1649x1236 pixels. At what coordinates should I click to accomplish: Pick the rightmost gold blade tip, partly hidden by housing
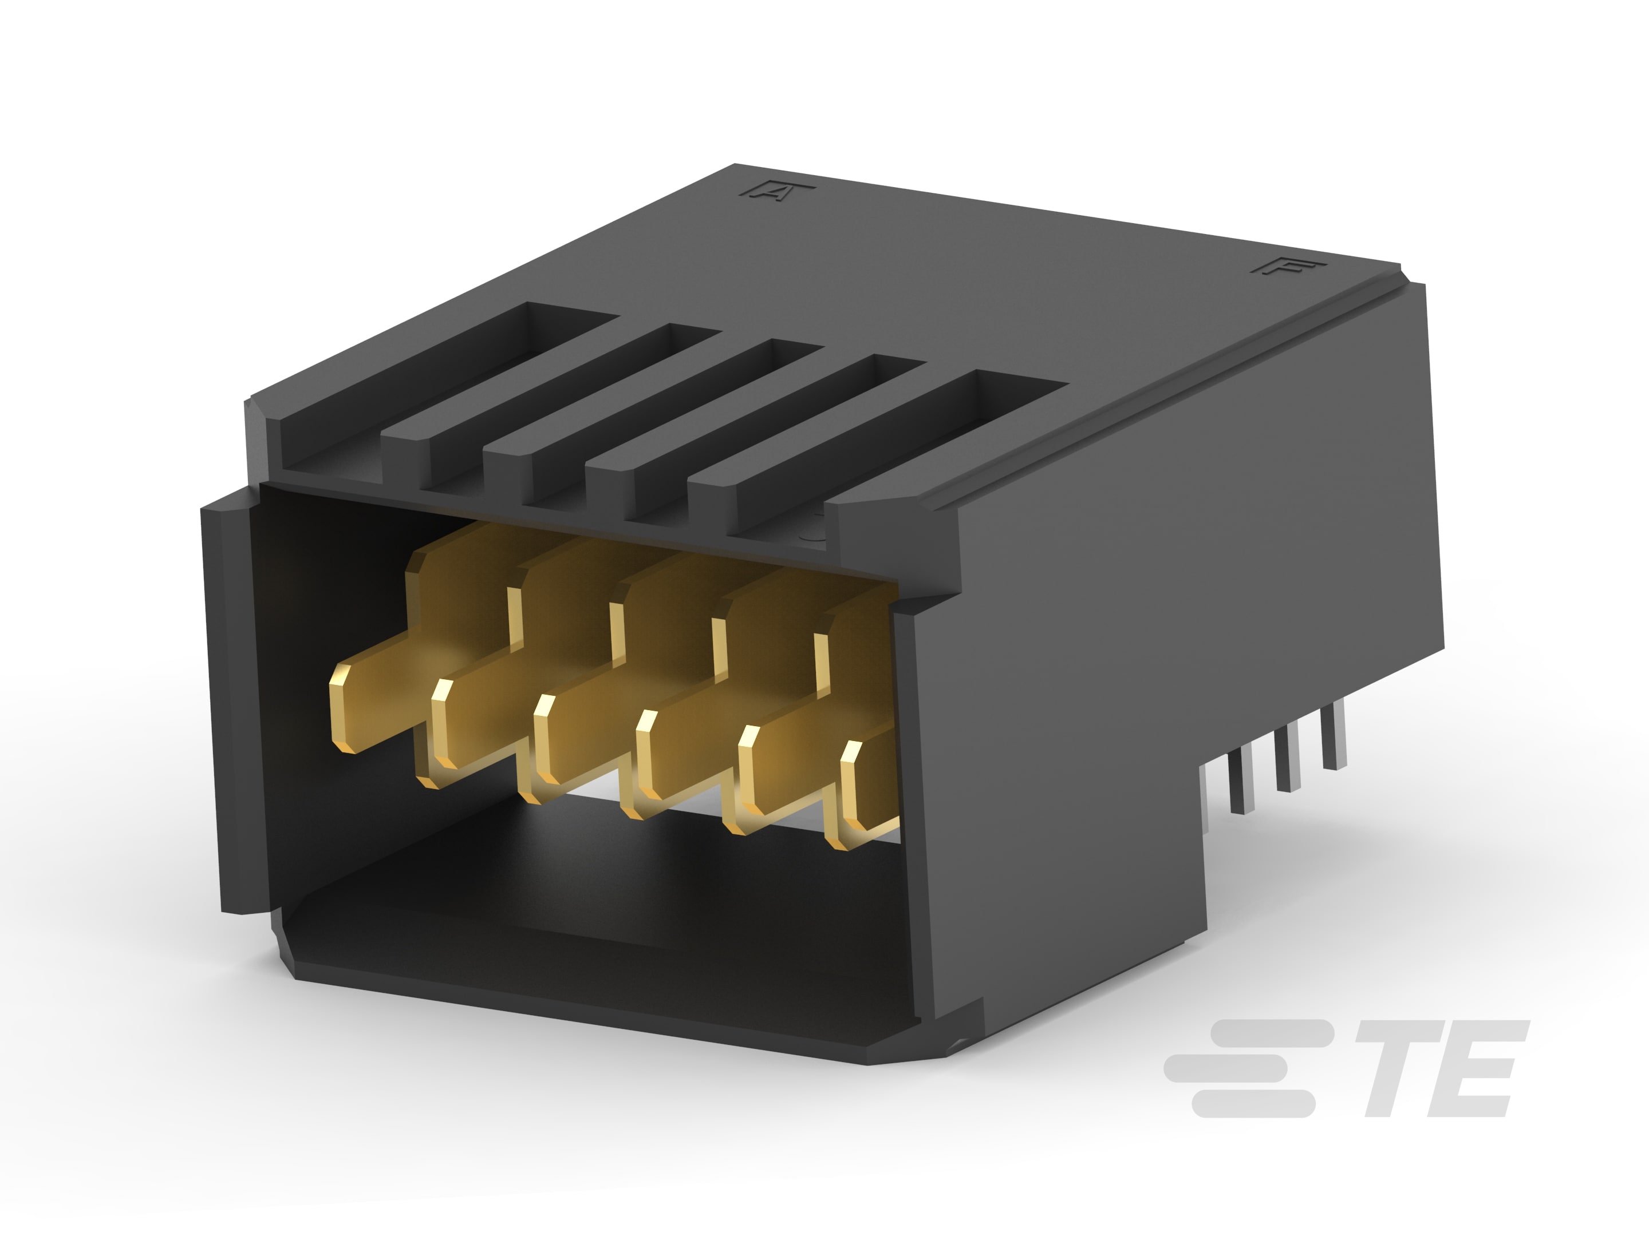tap(850, 805)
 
